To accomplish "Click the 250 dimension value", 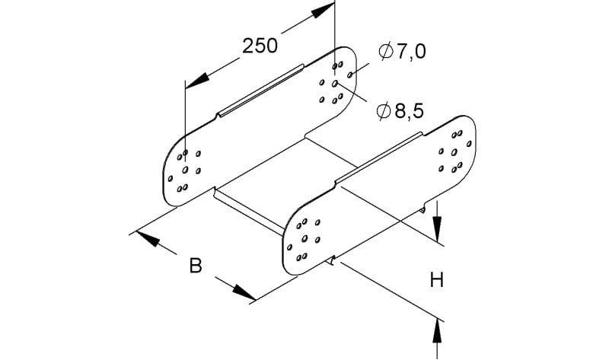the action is click(260, 46).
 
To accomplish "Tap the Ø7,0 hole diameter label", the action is click(402, 51).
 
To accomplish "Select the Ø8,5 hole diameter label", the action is click(400, 111).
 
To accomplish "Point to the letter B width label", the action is click(196, 266).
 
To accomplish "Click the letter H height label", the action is click(437, 279).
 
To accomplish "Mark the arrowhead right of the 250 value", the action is click(322, 11).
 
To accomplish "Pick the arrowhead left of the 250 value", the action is click(197, 81).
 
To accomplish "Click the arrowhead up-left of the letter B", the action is click(148, 239).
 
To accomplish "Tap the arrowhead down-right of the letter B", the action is click(244, 292).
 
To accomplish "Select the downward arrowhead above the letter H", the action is click(437, 229).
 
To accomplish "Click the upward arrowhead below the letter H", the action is click(437, 331).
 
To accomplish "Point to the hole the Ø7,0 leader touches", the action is click(349, 74).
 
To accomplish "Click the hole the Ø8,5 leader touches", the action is click(335, 84).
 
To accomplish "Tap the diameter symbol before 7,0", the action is click(385, 51).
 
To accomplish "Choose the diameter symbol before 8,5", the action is click(384, 111).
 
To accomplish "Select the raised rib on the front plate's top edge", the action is click(379, 158).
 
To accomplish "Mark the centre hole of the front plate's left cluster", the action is click(304, 238).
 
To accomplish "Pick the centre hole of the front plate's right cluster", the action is click(454, 152).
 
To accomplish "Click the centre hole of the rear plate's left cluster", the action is click(185, 170).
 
